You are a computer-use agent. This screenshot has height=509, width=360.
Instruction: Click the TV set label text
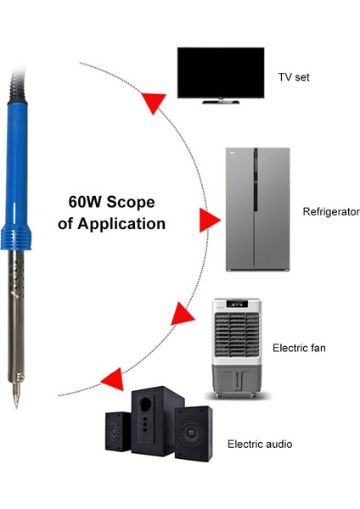[x=294, y=77]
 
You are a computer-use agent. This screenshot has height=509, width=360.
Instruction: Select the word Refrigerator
[x=331, y=211]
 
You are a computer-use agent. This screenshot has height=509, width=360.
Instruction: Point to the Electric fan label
[x=299, y=348]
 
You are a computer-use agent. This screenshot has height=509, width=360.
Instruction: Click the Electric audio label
[x=260, y=444]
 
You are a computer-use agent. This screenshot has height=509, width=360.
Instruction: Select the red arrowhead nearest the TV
[x=152, y=102]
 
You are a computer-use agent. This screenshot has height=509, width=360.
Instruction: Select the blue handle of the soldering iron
[x=20, y=161]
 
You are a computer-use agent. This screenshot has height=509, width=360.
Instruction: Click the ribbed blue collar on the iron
[x=20, y=237]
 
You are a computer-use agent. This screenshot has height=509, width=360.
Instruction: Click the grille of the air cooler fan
[x=233, y=338]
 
